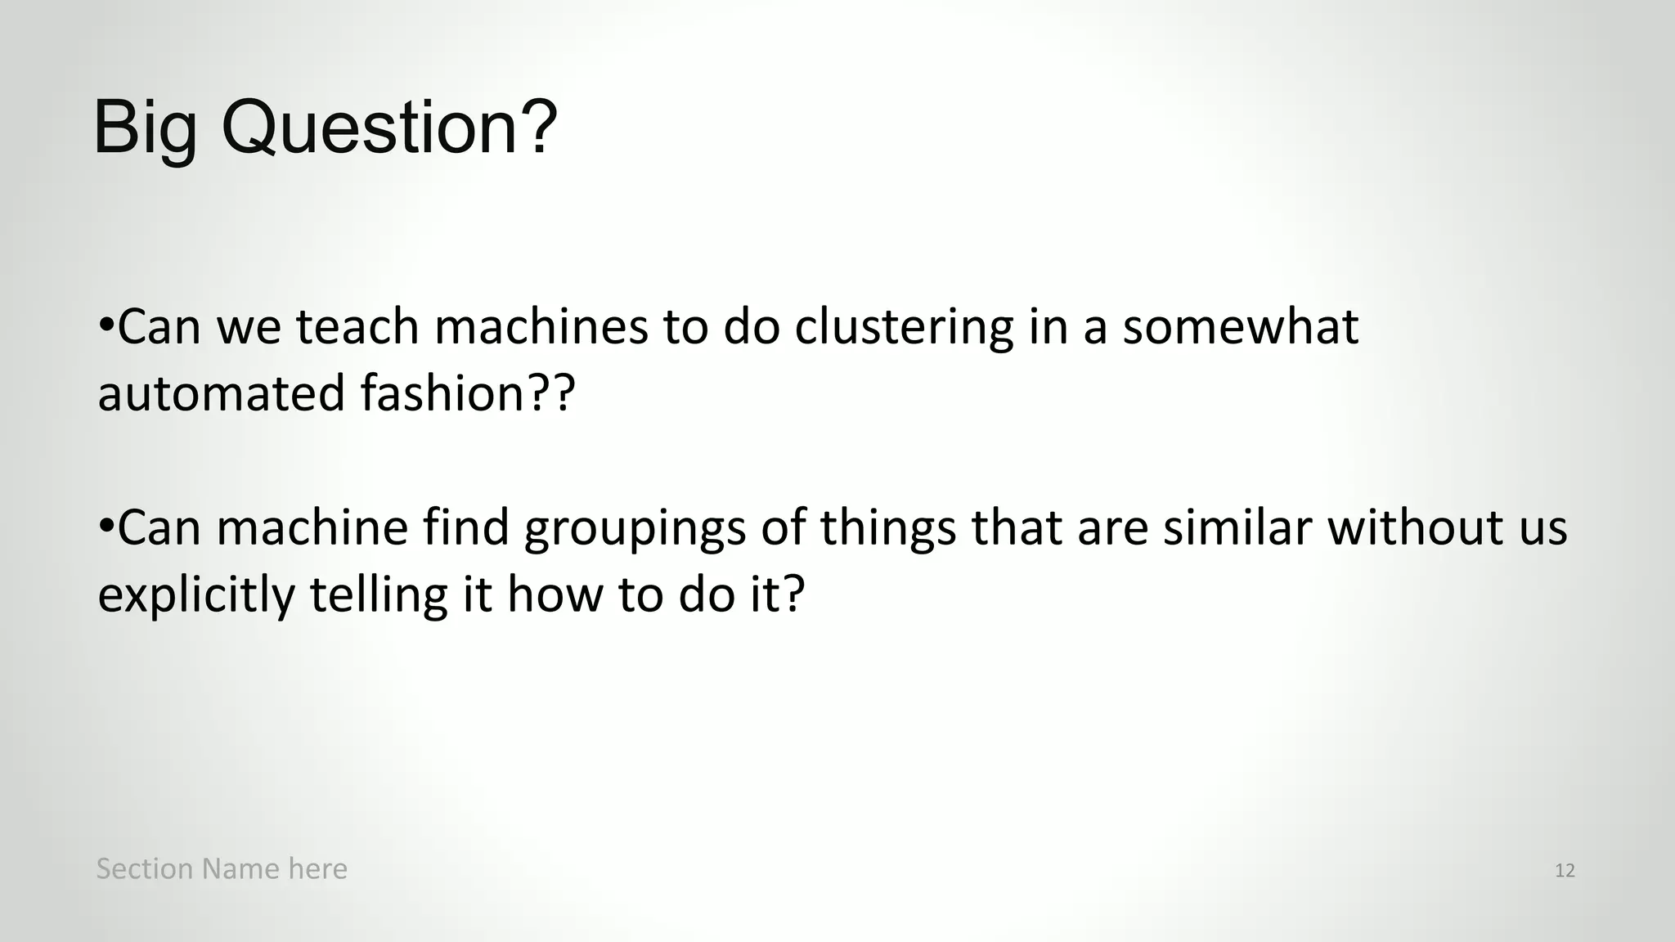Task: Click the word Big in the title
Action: (146, 128)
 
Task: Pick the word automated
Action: (222, 393)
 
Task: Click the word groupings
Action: (635, 529)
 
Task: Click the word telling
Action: (379, 596)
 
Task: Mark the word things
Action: (888, 529)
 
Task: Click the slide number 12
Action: (1565, 871)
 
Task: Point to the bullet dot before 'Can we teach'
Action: (106, 324)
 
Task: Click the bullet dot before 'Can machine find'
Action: (106, 525)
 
